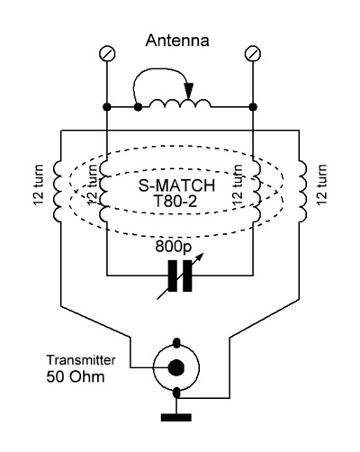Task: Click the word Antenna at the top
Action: tap(177, 41)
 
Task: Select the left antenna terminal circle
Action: tap(107, 54)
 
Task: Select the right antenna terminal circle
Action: tap(253, 54)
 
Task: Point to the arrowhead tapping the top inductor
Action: tap(189, 90)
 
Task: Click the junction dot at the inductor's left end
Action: tap(138, 106)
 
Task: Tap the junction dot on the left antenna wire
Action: tap(107, 106)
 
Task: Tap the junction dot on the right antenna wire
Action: tap(253, 106)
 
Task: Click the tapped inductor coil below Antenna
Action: tap(180, 103)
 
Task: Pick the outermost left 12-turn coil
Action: tap(58, 191)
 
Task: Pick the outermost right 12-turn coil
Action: tap(302, 191)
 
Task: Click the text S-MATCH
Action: tap(176, 185)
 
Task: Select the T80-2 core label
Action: tap(175, 201)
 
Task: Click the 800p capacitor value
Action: tap(173, 247)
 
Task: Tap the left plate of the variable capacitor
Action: tap(173, 276)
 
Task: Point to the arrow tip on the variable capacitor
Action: tap(203, 254)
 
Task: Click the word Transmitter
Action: tap(81, 360)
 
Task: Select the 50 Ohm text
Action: tap(76, 376)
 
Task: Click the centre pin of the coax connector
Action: tap(176, 367)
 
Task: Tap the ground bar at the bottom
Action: tap(176, 417)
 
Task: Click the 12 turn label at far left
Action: tap(39, 185)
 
